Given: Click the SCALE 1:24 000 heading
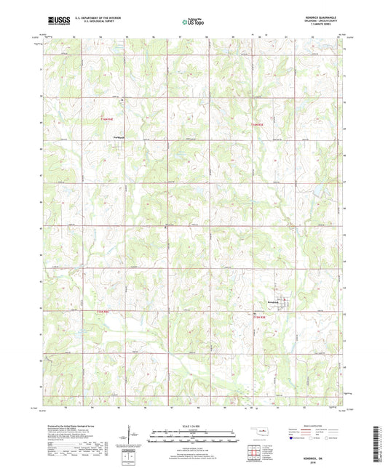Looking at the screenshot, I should (x=194, y=426).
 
